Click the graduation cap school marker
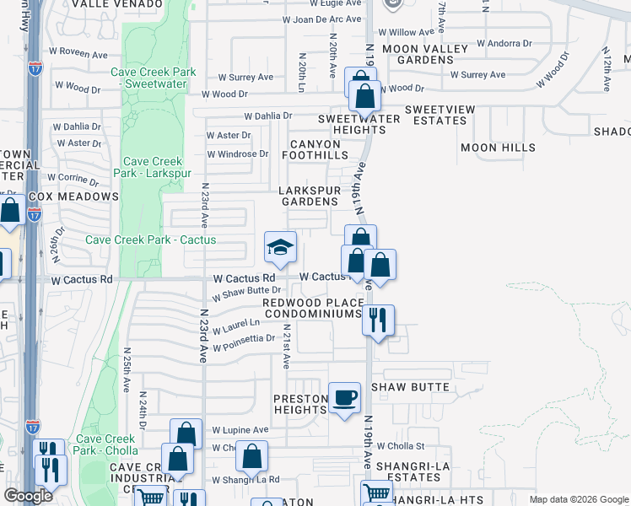pyautogui.click(x=280, y=246)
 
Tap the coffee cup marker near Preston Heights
pyautogui.click(x=343, y=398)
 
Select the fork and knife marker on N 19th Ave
pyautogui.click(x=378, y=320)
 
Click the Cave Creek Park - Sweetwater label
pyautogui.click(x=154, y=78)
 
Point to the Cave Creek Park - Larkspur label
pyautogui.click(x=153, y=168)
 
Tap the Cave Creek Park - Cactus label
pyautogui.click(x=151, y=240)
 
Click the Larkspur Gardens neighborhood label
pyautogui.click(x=310, y=196)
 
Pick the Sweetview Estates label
pyautogui.click(x=435, y=116)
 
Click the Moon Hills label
pyautogui.click(x=498, y=148)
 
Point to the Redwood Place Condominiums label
pyautogui.click(x=313, y=308)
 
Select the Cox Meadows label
pyautogui.click(x=73, y=196)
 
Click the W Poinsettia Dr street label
pyautogui.click(x=244, y=342)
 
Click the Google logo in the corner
pyautogui.click(x=28, y=496)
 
